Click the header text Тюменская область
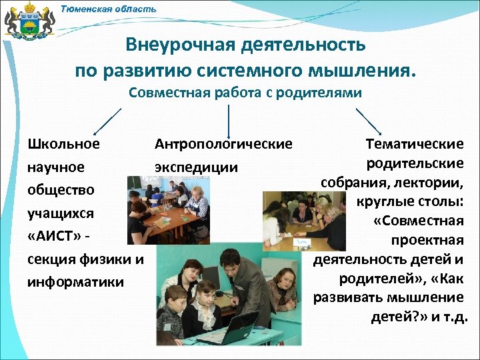click(x=108, y=9)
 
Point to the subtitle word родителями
click(x=324, y=93)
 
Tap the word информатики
click(x=75, y=282)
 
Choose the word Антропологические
click(x=223, y=144)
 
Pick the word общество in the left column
click(x=61, y=190)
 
